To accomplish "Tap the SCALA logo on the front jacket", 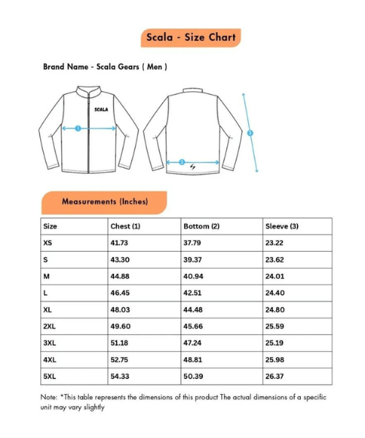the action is pos(101,109).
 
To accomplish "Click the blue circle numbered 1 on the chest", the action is pos(78,128).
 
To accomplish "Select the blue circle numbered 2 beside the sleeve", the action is pos(250,133).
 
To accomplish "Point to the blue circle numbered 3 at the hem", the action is pos(182,162).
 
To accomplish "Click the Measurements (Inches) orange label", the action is pos(104,201).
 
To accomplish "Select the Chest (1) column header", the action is pos(125,226).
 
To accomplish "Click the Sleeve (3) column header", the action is pos(282,226).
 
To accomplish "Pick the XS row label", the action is pos(48,243).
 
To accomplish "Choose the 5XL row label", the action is pos(50,376).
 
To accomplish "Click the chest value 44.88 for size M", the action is pos(120,276).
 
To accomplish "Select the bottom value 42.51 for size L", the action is pos(192,293).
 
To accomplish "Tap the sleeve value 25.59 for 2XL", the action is pos(274,326).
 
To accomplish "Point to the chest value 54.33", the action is pos(120,376).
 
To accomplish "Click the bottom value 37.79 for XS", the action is pos(192,243).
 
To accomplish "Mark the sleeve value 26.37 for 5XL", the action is pos(274,376).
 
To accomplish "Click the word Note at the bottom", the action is pos(48,398).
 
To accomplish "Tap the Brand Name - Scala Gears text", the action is pos(105,66).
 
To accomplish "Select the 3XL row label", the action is pos(50,342).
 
